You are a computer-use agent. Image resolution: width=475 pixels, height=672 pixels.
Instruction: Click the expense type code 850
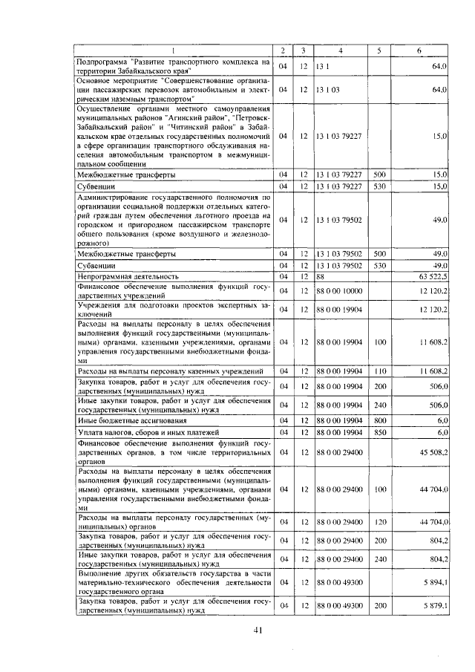(x=379, y=431)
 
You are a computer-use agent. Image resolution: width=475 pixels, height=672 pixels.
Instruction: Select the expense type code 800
(x=379, y=420)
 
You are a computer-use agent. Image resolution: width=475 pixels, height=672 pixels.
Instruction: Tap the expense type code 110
(x=379, y=370)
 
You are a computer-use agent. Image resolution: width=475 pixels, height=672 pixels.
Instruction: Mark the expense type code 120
(x=379, y=522)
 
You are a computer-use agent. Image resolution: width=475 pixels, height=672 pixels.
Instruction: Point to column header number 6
(x=419, y=50)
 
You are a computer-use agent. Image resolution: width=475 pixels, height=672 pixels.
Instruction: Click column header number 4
(x=339, y=50)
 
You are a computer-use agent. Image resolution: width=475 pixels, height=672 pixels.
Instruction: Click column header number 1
(x=174, y=50)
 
